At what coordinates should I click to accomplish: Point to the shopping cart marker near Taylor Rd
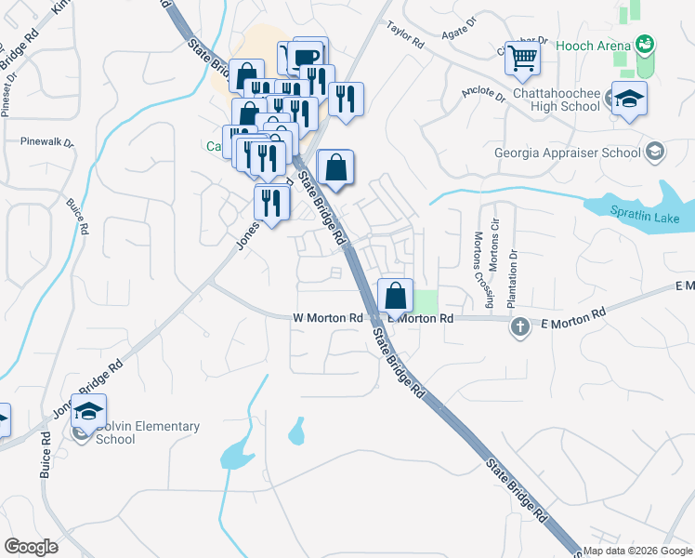(x=523, y=59)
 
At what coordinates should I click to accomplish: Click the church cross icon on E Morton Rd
(x=520, y=326)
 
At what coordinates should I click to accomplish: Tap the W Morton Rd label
(x=327, y=318)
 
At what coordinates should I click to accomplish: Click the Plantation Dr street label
(x=511, y=278)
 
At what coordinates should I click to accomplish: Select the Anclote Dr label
(x=482, y=95)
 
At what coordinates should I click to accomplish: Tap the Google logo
(x=31, y=547)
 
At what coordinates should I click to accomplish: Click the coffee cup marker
(x=309, y=56)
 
